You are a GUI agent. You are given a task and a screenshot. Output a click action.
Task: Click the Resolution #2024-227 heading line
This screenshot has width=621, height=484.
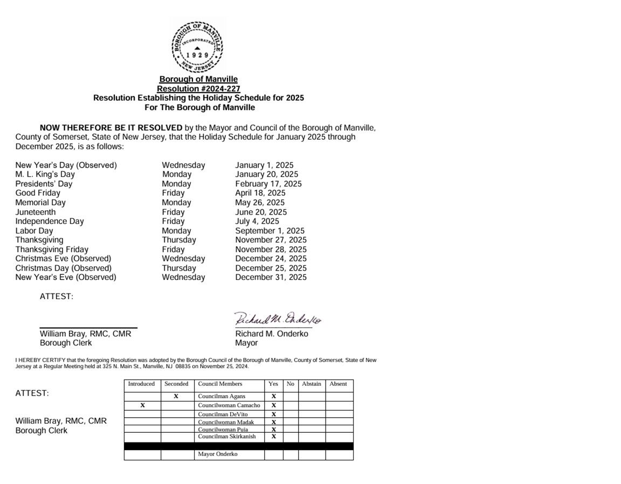(198, 88)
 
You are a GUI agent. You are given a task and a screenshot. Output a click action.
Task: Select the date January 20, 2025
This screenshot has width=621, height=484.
(266, 174)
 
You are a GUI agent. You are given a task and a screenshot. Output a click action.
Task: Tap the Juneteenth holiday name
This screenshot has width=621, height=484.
(36, 212)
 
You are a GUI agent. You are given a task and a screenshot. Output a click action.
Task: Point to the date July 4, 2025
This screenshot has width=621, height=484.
(257, 221)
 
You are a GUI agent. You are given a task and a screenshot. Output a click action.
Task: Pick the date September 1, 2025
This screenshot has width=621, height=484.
(270, 231)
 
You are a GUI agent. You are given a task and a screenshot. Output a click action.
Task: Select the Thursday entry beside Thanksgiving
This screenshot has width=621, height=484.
(179, 240)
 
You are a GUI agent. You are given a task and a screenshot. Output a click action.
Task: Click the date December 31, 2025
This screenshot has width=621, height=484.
(271, 277)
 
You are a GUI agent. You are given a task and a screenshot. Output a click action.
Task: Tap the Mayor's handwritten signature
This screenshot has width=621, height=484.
(278, 319)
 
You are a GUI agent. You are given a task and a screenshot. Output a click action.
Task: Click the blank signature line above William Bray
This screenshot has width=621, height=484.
(88, 327)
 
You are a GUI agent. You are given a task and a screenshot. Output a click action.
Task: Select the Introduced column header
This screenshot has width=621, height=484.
(141, 384)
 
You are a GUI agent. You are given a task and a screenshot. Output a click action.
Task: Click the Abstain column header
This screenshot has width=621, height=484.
(312, 384)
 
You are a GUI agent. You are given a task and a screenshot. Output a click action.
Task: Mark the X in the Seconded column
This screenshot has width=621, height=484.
(176, 396)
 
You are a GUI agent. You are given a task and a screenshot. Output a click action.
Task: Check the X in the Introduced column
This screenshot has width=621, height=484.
(142, 405)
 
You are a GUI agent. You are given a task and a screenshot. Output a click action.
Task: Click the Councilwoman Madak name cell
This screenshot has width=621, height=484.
(226, 422)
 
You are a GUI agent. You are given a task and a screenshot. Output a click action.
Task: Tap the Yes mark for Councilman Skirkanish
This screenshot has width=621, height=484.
(273, 437)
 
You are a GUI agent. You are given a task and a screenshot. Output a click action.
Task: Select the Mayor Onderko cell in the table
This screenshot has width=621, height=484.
(218, 454)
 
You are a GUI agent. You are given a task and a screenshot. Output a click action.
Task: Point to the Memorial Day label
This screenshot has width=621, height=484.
(40, 203)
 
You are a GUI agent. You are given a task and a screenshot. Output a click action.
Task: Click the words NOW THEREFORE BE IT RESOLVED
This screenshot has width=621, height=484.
(111, 128)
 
